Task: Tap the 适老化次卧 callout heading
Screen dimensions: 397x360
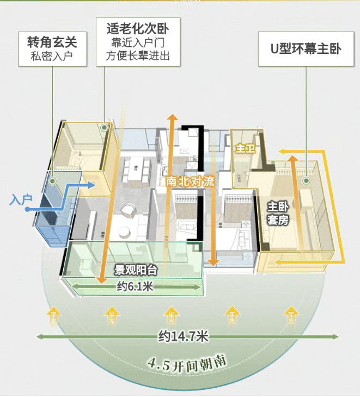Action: click(135, 27)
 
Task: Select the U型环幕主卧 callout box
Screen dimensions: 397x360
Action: click(306, 49)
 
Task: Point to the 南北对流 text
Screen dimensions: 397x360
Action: click(190, 181)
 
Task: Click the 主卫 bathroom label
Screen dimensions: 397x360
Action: click(245, 149)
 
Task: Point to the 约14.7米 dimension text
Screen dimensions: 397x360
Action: click(184, 337)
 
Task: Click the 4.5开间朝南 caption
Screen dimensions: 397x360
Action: click(186, 363)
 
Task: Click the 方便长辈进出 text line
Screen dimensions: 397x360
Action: click(135, 55)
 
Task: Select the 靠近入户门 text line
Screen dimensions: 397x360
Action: click(135, 42)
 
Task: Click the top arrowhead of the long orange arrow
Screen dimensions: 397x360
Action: click(172, 118)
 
